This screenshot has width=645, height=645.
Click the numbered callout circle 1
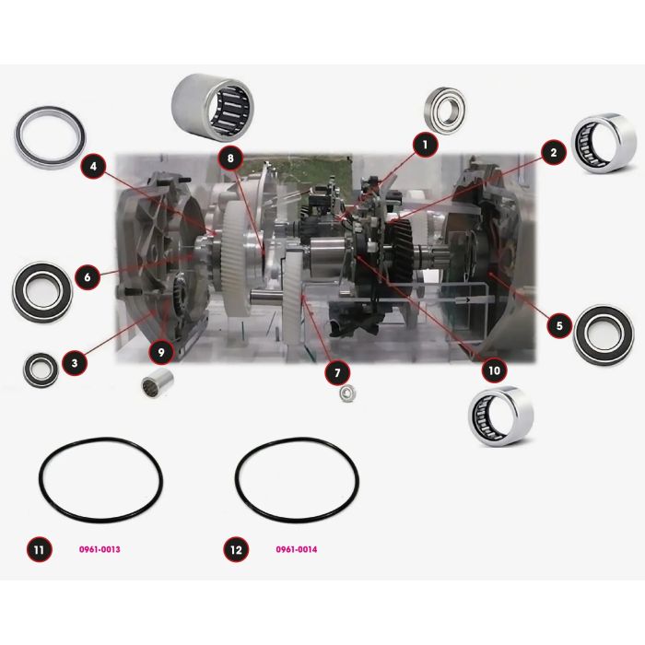coord(426,145)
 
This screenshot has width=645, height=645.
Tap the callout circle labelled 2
coord(554,153)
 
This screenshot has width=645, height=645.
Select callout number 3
coord(75,363)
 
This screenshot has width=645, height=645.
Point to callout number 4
coord(94,166)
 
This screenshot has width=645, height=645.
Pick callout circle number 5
coord(559,326)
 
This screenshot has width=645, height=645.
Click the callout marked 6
coord(88,276)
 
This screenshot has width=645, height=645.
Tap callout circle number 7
coord(337,372)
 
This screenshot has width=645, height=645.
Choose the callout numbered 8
coord(230,158)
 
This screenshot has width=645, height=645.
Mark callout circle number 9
coord(161,352)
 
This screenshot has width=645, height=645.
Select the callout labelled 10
coord(494,370)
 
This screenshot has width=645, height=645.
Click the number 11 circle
coord(40,549)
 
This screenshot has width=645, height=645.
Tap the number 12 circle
coord(236,549)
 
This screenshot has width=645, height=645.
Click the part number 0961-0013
coord(100,549)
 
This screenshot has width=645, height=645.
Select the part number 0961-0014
coord(297,549)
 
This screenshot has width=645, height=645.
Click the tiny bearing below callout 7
coord(347,393)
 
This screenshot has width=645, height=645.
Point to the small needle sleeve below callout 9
coord(158,384)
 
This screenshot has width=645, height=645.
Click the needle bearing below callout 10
coord(501,416)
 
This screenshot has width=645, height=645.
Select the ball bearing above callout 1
coord(444,108)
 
